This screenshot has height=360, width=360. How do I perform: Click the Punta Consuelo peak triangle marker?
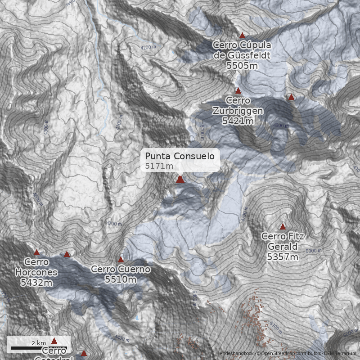180,179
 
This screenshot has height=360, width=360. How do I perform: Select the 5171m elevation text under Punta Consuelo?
159,166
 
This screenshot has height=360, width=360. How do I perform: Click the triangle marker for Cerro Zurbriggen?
238,90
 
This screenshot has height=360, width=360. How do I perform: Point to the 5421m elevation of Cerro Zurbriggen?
238,121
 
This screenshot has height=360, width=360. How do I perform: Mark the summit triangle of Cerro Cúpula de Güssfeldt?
242,35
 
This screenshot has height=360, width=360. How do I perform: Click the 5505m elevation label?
242,65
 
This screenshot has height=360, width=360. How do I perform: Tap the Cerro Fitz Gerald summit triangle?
283,226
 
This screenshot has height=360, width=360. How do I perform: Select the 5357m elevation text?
283,257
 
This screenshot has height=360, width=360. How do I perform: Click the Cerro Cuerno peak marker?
121,259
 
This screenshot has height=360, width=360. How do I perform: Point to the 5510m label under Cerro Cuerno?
121,279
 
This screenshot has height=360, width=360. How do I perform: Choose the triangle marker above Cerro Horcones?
37,252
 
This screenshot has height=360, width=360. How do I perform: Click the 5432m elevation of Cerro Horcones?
36,283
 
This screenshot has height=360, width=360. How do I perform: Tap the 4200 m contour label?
148,47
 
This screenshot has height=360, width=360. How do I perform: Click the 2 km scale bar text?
39,343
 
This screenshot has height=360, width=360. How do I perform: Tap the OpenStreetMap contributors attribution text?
290,353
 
